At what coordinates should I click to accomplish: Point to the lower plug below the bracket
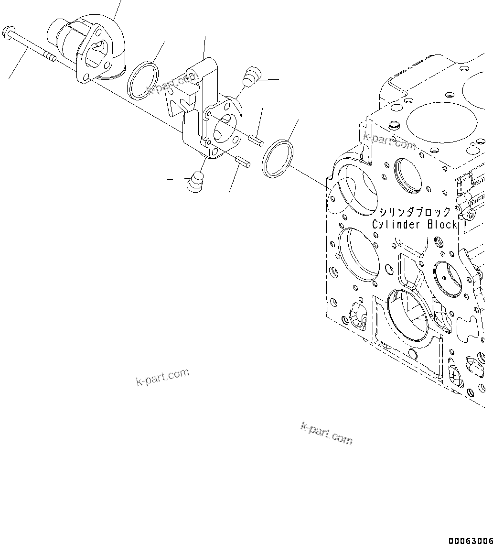194,182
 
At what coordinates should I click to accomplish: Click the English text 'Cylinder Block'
415,224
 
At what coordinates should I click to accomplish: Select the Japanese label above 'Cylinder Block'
415,212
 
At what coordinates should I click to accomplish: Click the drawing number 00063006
470,540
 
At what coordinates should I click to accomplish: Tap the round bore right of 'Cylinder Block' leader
448,279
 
